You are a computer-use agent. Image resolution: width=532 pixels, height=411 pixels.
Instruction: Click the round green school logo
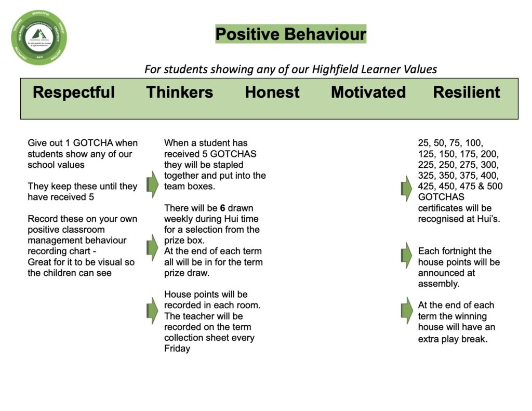point(39,37)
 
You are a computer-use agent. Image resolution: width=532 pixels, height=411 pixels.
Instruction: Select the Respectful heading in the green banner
point(74,92)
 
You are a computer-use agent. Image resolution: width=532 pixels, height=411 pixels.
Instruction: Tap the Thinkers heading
point(180,92)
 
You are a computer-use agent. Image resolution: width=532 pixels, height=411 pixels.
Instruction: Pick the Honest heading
point(272,92)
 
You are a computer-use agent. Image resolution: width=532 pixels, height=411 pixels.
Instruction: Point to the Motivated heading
point(368,92)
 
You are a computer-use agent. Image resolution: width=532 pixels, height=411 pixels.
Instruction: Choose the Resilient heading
point(467,92)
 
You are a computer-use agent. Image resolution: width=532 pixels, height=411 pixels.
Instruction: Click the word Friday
point(177,349)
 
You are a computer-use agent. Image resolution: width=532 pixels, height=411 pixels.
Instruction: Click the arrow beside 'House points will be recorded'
point(152,311)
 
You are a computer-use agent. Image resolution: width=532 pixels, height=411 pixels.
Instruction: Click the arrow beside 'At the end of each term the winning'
point(406,311)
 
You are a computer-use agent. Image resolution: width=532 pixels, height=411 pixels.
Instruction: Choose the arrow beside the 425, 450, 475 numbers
point(406,188)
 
